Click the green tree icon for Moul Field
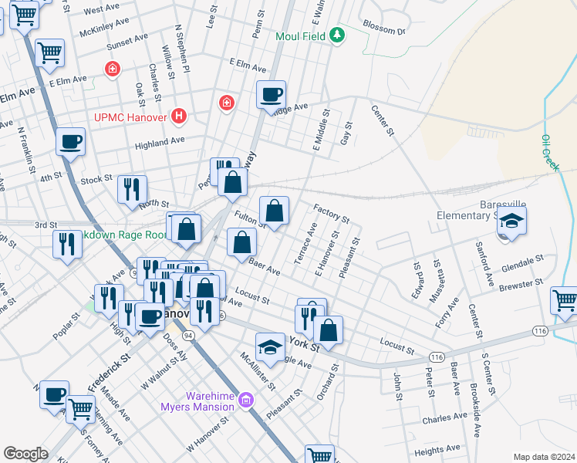pos(336,35)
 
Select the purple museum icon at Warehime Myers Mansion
pos(246,399)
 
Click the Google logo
pos(25,453)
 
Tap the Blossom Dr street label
pos(383,31)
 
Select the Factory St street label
pos(332,214)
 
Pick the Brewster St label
pos(522,285)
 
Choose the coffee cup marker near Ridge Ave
pos(271,95)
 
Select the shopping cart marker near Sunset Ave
pos(50,53)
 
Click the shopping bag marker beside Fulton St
pos(274,210)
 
